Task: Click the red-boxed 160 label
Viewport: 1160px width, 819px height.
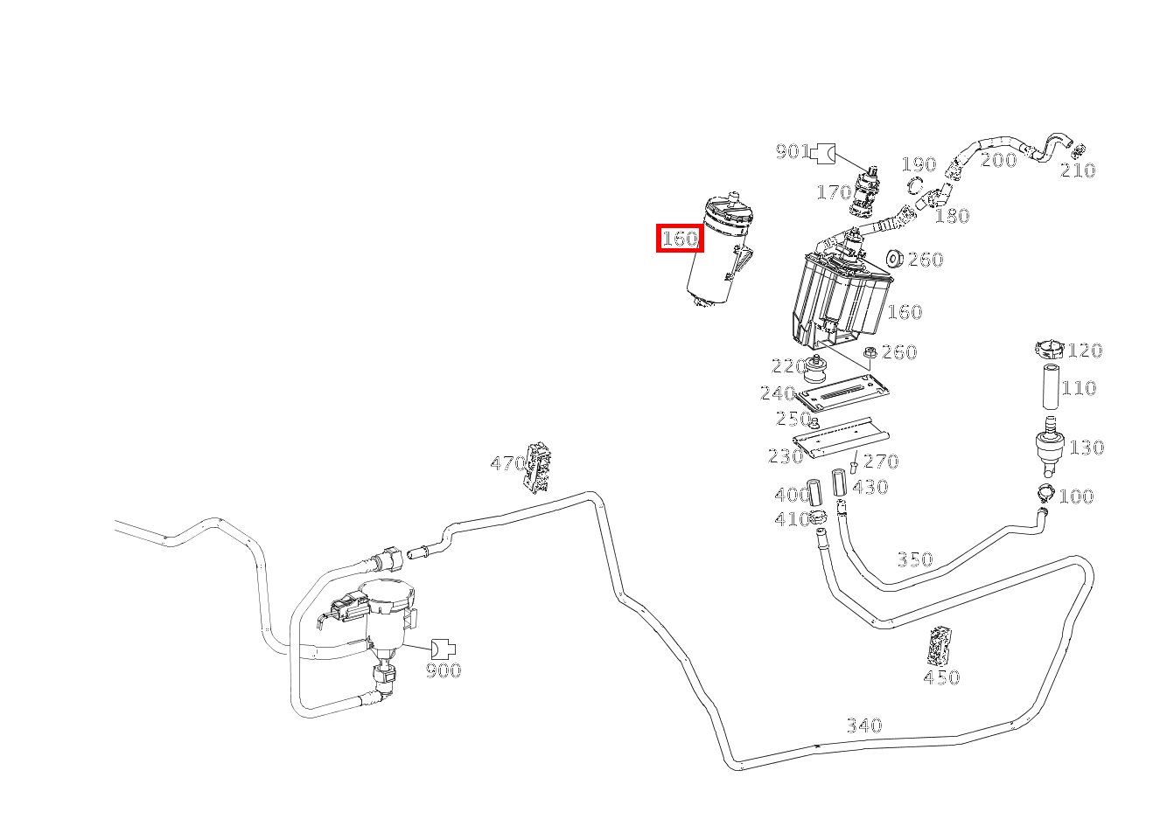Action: [x=680, y=239]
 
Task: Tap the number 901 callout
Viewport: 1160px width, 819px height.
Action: [x=793, y=151]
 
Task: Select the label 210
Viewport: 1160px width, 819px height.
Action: [x=1078, y=170]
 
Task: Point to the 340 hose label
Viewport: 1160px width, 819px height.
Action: [x=863, y=725]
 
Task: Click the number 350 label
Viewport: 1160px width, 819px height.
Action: [x=915, y=559]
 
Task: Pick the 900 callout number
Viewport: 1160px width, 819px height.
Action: [x=444, y=670]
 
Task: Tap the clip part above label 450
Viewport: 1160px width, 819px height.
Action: [x=939, y=646]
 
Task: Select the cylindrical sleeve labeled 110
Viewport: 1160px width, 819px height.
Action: [x=1051, y=387]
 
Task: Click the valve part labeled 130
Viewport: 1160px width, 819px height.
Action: [x=1049, y=446]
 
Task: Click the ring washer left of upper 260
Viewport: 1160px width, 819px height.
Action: [x=895, y=258]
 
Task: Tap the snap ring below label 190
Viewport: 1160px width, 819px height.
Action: [x=916, y=184]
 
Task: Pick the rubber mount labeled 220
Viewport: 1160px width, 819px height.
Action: [x=815, y=368]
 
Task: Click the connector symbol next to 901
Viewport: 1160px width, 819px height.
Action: [x=822, y=153]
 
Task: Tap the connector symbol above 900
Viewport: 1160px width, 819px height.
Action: [x=444, y=649]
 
